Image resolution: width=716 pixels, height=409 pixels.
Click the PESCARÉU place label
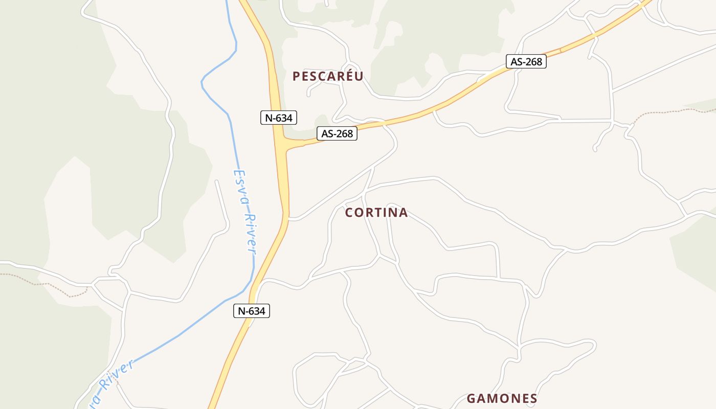click(x=328, y=77)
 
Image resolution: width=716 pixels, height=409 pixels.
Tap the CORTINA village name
click(x=376, y=213)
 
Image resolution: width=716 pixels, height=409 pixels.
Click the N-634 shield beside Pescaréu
click(x=278, y=118)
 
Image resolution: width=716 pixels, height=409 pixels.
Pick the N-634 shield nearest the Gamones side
click(x=251, y=310)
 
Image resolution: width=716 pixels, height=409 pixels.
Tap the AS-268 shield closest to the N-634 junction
click(x=337, y=134)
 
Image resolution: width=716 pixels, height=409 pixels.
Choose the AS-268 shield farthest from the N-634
click(x=526, y=62)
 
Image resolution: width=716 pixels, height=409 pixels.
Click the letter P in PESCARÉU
click(x=296, y=77)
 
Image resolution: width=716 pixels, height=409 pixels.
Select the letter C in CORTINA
click(x=349, y=213)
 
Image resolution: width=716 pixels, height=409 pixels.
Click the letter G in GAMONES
click(x=471, y=399)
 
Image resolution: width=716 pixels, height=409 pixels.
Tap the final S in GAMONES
click(x=533, y=399)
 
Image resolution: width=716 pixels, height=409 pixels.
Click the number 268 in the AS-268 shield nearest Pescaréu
click(x=344, y=134)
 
